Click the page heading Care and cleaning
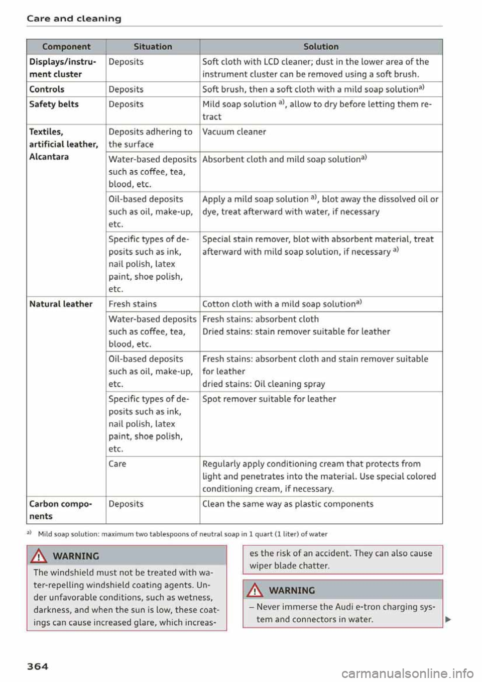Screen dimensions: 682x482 point(74,19)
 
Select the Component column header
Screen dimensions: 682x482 point(66,47)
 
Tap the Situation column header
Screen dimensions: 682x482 point(153,47)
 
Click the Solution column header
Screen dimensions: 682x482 point(321,47)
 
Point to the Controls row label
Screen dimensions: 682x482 point(47,89)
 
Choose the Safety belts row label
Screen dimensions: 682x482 point(54,104)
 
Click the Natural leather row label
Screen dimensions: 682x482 point(61,304)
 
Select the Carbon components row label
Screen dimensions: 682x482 point(60,510)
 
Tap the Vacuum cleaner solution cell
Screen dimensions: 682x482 point(234,132)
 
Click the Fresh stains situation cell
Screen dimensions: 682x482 point(133,304)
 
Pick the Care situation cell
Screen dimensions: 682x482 point(117,464)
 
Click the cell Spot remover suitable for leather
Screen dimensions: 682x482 point(269,399)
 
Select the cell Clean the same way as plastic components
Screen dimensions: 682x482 point(288,504)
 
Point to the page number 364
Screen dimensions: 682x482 point(38,666)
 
